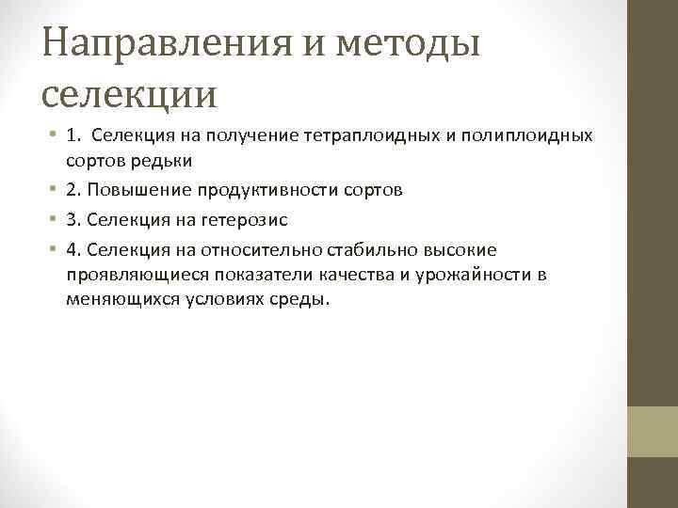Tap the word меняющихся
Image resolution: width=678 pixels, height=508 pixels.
pos(114,298)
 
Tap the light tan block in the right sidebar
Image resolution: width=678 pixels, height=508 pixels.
pos(653,431)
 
